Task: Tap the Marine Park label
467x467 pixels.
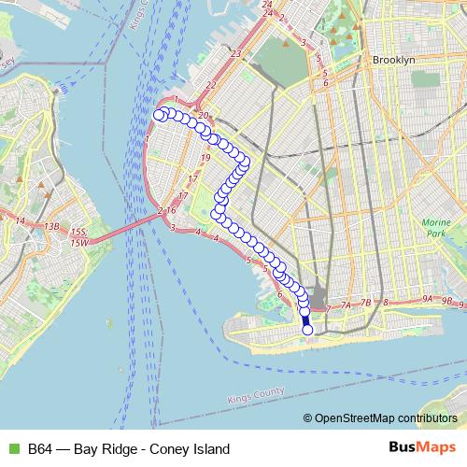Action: point(436,227)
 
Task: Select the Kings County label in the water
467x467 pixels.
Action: point(255,399)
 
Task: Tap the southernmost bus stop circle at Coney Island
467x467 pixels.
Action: point(308,329)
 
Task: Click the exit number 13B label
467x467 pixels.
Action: point(50,226)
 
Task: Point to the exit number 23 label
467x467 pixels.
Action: point(237,54)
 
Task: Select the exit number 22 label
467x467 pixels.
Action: point(212,86)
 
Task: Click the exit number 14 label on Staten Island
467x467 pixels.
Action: point(20,220)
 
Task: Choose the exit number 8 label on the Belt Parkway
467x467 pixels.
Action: point(387,303)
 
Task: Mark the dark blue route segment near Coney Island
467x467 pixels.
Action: point(305,318)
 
